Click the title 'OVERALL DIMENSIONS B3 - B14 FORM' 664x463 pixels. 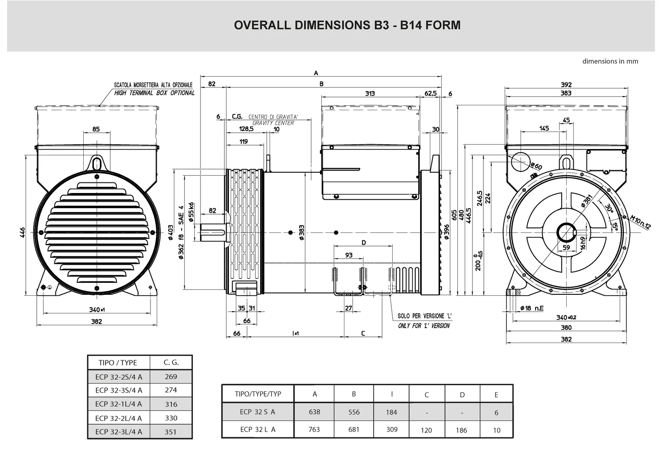(x=347, y=25)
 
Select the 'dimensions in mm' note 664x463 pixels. (x=610, y=62)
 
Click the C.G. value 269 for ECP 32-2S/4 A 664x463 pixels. (x=170, y=377)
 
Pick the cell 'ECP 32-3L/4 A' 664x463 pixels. (x=119, y=432)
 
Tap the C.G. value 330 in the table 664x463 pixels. (x=171, y=418)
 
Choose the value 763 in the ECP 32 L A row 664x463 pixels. (x=314, y=429)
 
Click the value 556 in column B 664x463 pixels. (x=354, y=412)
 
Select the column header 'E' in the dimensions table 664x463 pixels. (x=496, y=394)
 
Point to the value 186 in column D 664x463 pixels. (x=461, y=430)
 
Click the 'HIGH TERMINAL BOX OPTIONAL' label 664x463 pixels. (x=154, y=93)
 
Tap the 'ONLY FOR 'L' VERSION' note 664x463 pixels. (x=424, y=326)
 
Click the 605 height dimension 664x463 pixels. (x=454, y=215)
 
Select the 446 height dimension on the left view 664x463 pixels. (x=23, y=232)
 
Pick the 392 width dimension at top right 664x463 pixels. (x=566, y=85)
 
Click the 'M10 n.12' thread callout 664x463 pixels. (x=640, y=222)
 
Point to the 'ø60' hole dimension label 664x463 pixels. (x=536, y=166)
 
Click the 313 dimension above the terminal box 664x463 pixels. (x=370, y=93)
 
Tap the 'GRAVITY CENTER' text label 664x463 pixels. (x=273, y=123)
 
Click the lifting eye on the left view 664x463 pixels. (x=96, y=162)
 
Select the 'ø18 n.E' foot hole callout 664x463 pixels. (x=532, y=308)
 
